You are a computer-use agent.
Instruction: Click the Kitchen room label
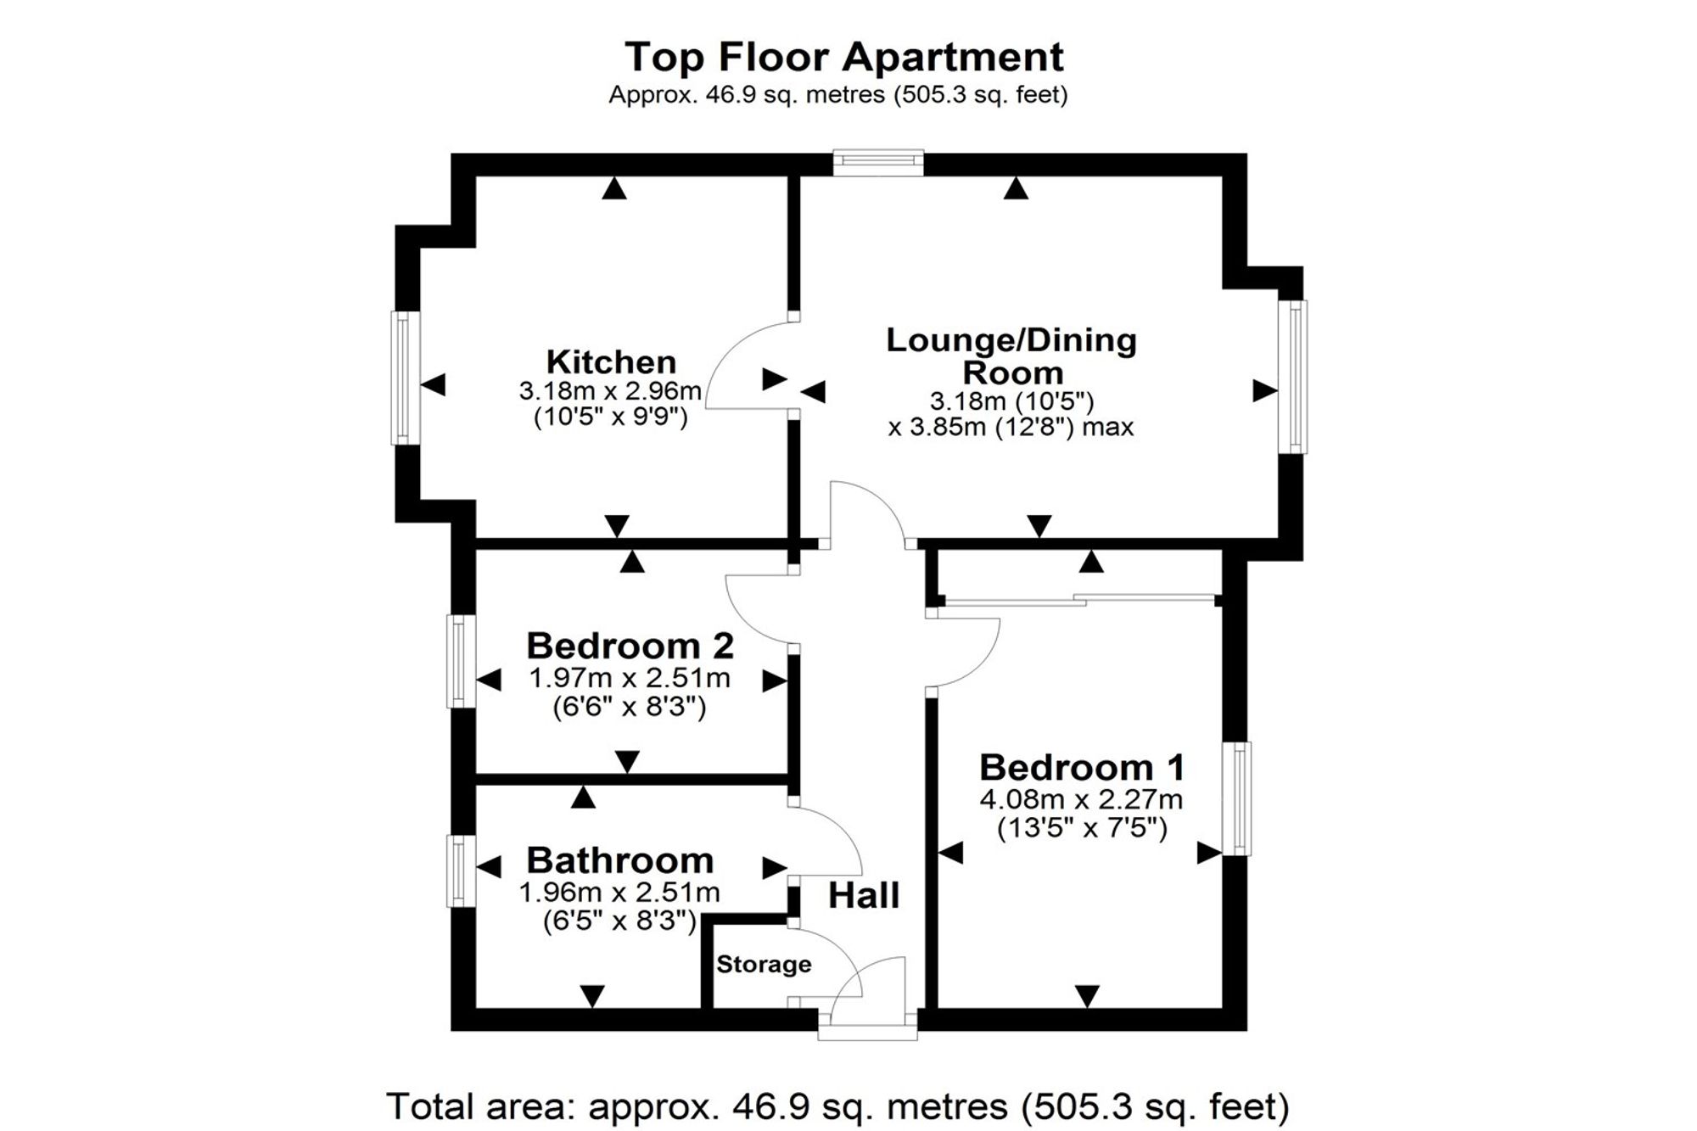point(611,362)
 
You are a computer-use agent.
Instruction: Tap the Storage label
point(764,964)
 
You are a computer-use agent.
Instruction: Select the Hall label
point(864,895)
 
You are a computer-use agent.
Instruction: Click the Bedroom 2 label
point(630,646)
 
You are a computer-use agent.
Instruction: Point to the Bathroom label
point(619,860)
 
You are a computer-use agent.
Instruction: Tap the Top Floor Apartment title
point(844,58)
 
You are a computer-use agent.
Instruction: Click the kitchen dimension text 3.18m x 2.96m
point(610,391)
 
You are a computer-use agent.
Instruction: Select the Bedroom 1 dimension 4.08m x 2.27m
point(1081,799)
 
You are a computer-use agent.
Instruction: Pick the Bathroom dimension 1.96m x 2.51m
point(619,893)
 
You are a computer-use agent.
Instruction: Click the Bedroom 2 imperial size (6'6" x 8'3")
point(630,707)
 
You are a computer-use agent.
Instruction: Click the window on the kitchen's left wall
point(406,378)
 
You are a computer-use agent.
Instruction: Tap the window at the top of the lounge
point(878,163)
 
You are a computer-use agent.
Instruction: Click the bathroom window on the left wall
point(462,871)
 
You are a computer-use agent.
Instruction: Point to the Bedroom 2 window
point(462,661)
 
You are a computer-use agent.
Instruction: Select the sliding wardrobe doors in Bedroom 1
point(1078,600)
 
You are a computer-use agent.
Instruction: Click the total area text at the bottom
point(837,1106)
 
